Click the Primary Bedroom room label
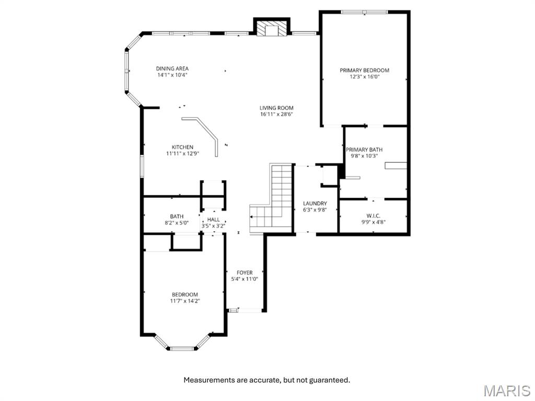click(x=364, y=70)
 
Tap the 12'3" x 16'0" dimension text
click(x=364, y=77)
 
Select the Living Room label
click(x=276, y=108)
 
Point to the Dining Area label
click(x=172, y=68)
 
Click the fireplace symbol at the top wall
click(x=271, y=29)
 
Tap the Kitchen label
click(x=182, y=147)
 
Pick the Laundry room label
click(x=315, y=204)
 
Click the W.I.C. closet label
click(x=373, y=215)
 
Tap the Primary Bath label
click(x=364, y=149)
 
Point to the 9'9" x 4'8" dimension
click(x=373, y=221)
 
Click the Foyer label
click(x=245, y=273)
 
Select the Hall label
click(x=213, y=220)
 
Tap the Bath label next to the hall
click(x=177, y=216)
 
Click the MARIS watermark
click(x=506, y=391)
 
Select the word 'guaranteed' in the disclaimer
click(x=330, y=380)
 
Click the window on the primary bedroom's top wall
click(x=364, y=11)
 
